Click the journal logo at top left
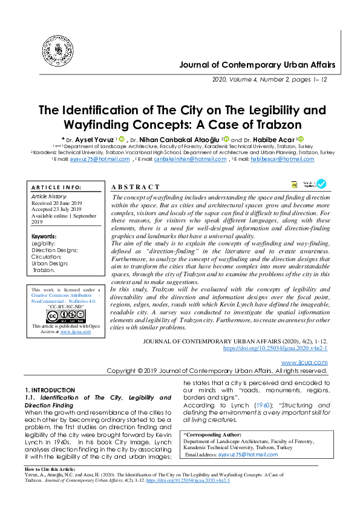pos(56,50)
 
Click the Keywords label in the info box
pos(45,236)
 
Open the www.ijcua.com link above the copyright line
pos(304,362)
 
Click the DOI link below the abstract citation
pos(275,348)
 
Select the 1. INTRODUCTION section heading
pos(50,390)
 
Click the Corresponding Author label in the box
pos(213,435)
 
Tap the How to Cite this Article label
pos(50,469)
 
